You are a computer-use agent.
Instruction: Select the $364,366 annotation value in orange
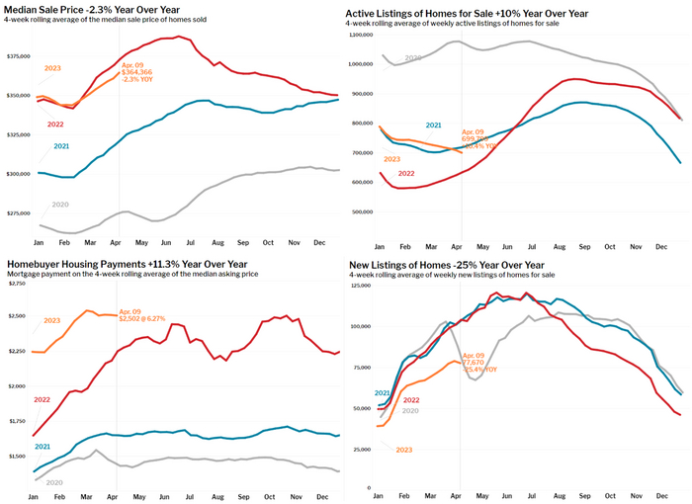pyautogui.click(x=136, y=72)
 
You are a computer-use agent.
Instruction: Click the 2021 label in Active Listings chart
pyautogui.click(x=433, y=126)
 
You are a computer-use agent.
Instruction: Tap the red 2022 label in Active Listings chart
pyautogui.click(x=405, y=173)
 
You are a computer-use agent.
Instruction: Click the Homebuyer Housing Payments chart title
pyautogui.click(x=124, y=265)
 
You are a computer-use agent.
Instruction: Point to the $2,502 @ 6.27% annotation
pyautogui.click(x=144, y=317)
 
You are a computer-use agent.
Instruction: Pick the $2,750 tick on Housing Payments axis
pyautogui.click(x=17, y=285)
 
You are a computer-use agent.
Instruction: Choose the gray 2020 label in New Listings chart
pyautogui.click(x=411, y=409)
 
